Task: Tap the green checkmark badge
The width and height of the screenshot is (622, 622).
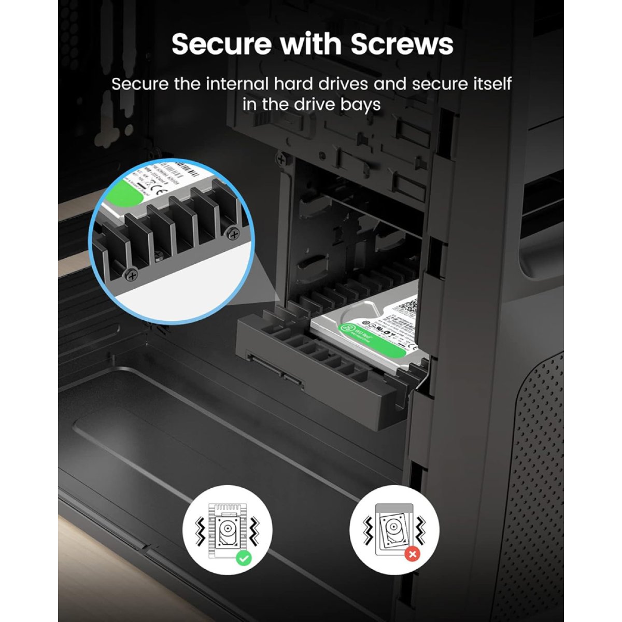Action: tap(243, 558)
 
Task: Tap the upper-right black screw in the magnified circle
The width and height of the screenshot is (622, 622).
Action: tap(234, 235)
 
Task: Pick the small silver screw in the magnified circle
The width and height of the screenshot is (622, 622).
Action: tap(158, 254)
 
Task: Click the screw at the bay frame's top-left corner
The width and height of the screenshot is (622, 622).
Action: tap(281, 159)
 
